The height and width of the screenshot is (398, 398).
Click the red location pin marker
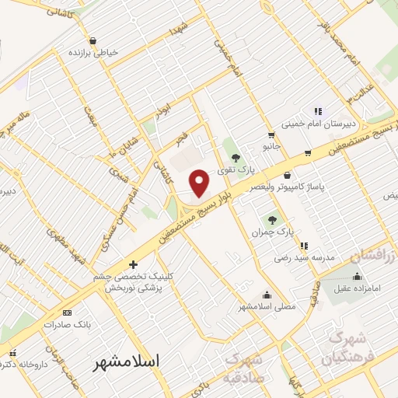(201, 182)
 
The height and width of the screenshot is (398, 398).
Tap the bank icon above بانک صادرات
(65, 312)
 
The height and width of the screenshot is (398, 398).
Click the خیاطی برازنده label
(94, 53)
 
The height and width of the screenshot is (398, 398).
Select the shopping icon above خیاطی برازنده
(93, 40)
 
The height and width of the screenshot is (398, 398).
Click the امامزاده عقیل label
(357, 288)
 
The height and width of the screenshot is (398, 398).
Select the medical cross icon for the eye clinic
(133, 264)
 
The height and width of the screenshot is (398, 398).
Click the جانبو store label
(271, 145)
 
